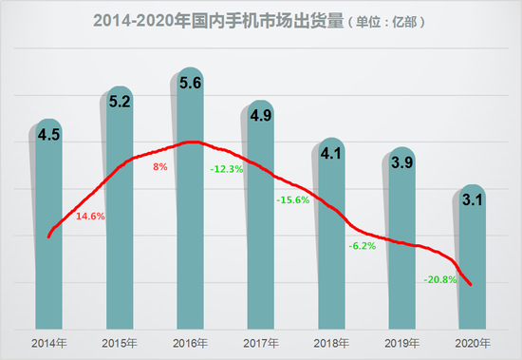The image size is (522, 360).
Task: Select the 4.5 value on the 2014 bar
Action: (49, 134)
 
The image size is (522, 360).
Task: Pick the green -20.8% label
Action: (441, 280)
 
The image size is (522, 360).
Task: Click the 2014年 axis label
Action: (50, 342)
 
